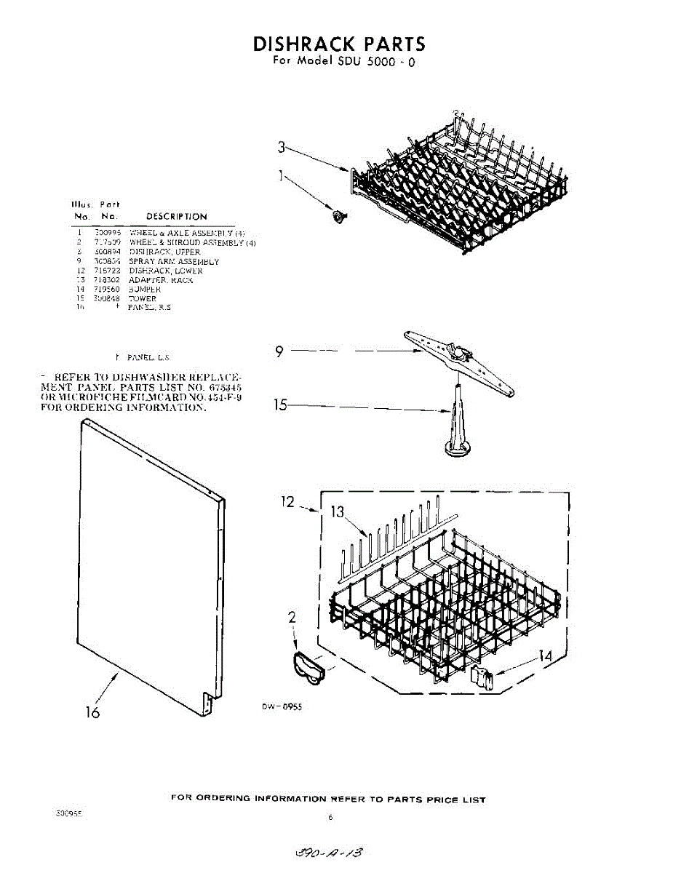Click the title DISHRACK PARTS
click(339, 44)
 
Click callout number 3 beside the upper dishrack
click(281, 148)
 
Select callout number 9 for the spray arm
click(279, 352)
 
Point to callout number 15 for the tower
click(280, 405)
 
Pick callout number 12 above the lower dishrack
click(289, 501)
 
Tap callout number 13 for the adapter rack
click(337, 512)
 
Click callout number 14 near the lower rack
click(543, 655)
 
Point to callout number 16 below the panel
click(92, 712)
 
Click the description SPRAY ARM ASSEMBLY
click(174, 261)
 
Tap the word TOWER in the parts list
click(143, 298)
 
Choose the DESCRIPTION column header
click(177, 216)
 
